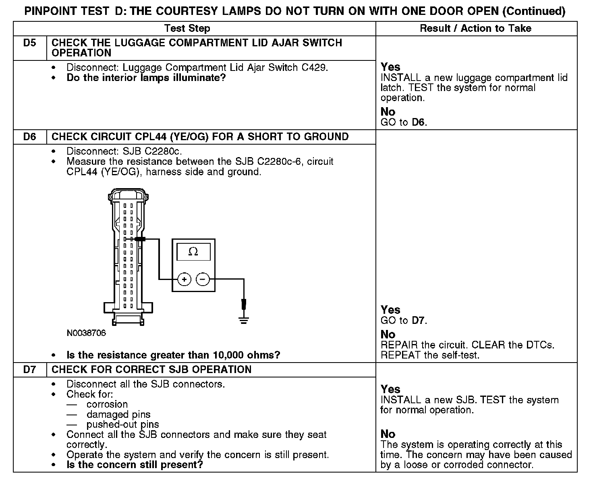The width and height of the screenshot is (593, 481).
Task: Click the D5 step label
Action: coord(30,43)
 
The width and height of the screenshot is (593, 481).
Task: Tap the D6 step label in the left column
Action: coord(30,137)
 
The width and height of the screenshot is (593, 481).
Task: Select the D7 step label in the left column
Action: coord(30,369)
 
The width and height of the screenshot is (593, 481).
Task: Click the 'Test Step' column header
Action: coord(187,28)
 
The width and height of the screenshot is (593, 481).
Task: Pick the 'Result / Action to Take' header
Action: coord(475,28)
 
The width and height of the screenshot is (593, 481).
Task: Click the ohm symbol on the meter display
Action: coord(193,252)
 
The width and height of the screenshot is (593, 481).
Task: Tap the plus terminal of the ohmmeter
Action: coord(184,279)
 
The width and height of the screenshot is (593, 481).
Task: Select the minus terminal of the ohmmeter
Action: coord(203,279)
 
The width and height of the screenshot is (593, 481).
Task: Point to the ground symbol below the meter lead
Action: coord(243,321)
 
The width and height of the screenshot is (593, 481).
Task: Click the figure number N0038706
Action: coord(86,333)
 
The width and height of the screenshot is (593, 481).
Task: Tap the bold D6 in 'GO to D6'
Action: coord(419,122)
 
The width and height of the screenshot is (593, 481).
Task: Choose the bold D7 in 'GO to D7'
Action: coord(419,321)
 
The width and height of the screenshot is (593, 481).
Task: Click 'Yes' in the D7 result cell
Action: coord(390,389)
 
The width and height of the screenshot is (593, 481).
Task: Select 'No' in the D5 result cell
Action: coord(388,112)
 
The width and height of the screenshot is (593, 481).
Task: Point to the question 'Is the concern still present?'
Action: coord(135,464)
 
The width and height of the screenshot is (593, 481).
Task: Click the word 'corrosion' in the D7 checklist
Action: coord(107,404)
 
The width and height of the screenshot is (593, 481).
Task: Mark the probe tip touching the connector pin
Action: coord(139,239)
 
